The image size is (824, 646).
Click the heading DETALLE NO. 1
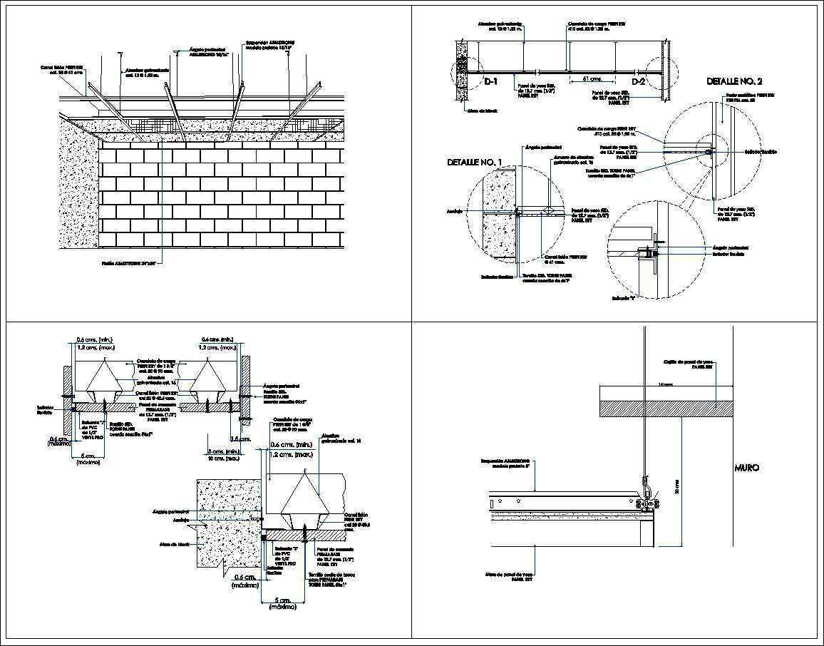tap(475, 163)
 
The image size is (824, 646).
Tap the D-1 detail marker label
tap(491, 82)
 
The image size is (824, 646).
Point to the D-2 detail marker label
tap(637, 82)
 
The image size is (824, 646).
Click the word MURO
tap(746, 468)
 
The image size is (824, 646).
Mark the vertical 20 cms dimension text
tap(676, 486)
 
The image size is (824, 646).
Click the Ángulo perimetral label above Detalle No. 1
tap(538, 148)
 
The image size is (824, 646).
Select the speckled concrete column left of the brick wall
tap(79, 185)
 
